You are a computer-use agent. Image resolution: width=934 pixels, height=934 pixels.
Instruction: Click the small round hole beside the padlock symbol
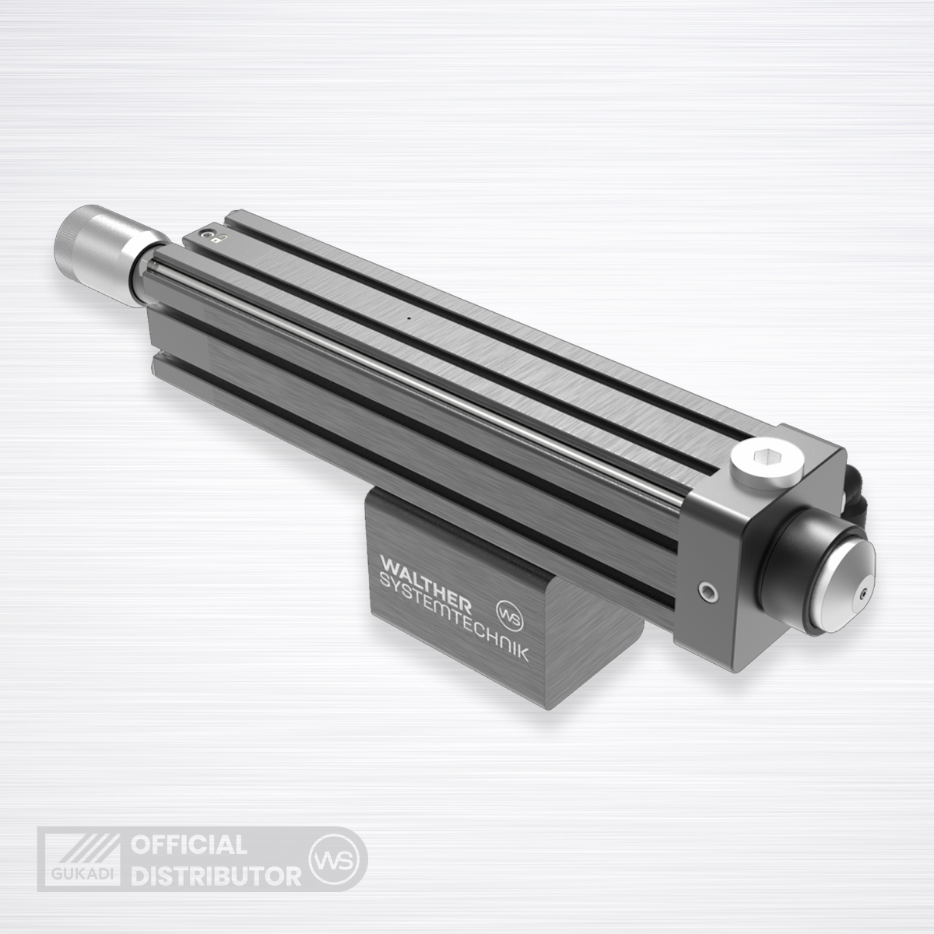pos(209,234)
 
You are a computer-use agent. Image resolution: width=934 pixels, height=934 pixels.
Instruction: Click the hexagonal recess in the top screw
pos(767,456)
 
